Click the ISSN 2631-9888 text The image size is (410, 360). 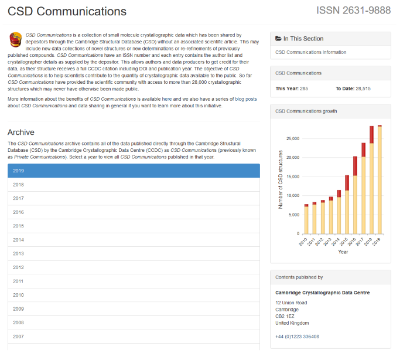[353, 11]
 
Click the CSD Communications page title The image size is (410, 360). [67, 11]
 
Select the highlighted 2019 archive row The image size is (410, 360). [134, 171]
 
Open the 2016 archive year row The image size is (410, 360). [134, 212]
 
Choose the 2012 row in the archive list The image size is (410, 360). [134, 267]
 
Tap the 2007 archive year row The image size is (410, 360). [134, 337]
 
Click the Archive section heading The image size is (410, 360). [21, 132]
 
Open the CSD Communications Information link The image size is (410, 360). [310, 52]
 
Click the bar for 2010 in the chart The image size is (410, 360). [306, 220]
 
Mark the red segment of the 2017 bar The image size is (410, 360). [363, 150]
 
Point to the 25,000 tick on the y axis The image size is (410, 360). [292, 138]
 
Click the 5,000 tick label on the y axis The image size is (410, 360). [293, 215]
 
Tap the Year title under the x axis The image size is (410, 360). [343, 252]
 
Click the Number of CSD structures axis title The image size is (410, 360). [281, 179]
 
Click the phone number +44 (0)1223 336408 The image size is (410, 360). [297, 337]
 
